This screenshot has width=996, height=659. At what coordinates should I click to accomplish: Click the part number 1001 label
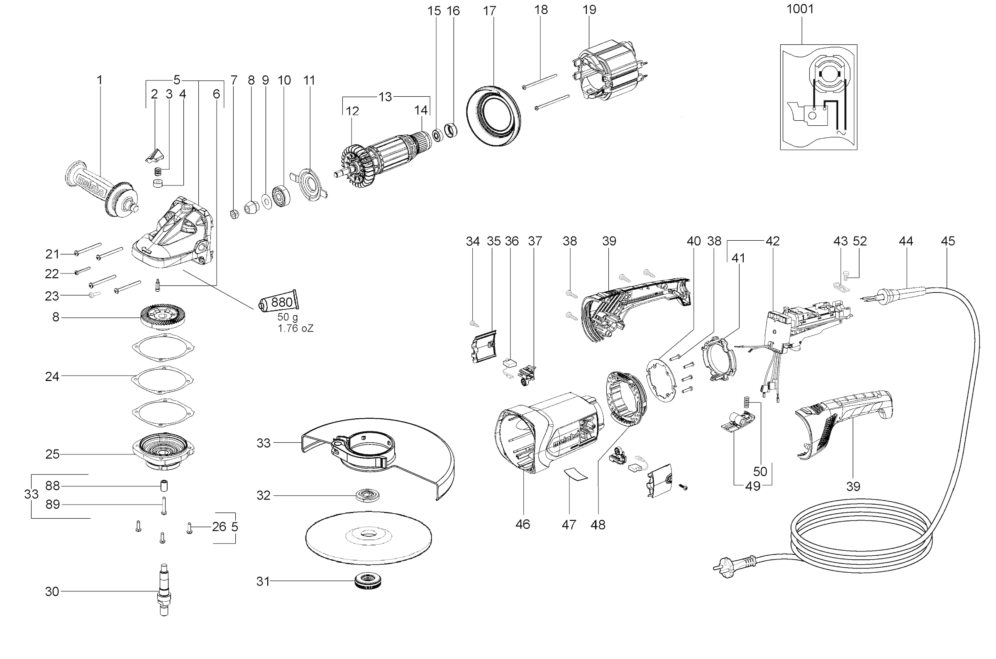pos(800,9)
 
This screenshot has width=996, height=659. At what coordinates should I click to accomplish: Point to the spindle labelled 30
pos(164,591)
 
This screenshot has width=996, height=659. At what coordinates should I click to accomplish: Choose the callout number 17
pos(489,11)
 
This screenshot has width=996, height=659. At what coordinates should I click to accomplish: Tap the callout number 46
pos(522,524)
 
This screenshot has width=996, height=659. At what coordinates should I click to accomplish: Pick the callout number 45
pos(948,241)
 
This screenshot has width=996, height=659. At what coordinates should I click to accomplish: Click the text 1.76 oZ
pos(295,328)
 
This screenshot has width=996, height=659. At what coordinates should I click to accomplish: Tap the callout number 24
pos(52,376)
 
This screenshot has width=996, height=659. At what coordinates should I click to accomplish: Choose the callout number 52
pos(860,241)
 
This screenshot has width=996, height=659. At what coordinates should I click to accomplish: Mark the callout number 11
pos(309,80)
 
